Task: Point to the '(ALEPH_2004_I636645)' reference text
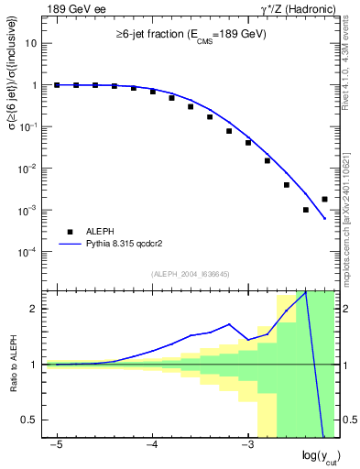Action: pos(191,273)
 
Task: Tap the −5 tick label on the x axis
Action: pos(57,445)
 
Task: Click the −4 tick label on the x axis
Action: pos(152,445)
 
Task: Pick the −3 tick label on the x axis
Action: pos(247,445)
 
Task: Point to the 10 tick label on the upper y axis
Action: pos(31,43)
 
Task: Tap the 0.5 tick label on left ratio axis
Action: pos(30,420)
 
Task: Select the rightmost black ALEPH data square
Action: pos(324,199)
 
